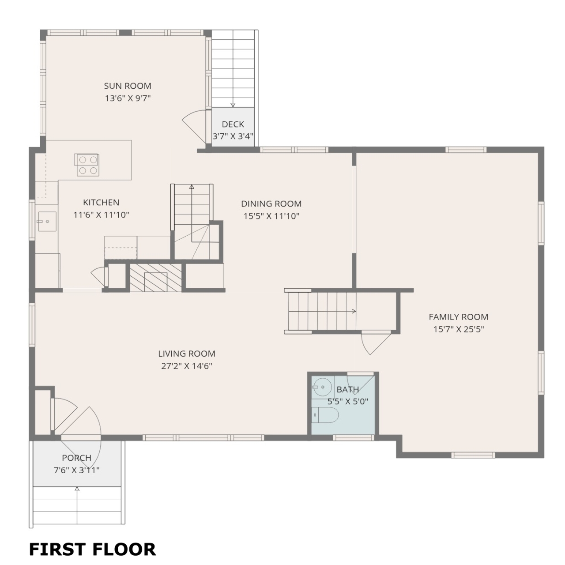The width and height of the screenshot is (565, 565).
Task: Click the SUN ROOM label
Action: point(128,86)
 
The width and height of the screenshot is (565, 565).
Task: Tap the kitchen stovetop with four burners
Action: point(87,165)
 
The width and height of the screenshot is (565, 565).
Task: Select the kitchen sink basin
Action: point(47,222)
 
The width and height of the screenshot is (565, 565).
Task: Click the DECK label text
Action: point(233,124)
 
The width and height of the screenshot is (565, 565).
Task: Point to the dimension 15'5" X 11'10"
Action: point(271,216)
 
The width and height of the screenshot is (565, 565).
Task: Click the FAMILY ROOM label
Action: point(458,316)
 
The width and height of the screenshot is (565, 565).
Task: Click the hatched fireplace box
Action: point(156,277)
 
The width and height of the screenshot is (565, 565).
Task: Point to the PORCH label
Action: point(76,458)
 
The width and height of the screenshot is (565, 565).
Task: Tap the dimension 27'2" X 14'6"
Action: point(186,366)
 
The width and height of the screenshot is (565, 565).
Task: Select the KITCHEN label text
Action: point(101,202)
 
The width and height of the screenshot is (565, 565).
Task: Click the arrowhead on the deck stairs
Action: point(233,105)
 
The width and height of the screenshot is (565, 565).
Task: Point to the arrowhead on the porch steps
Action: point(77,489)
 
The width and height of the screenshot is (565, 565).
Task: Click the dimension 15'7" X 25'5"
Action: point(458,329)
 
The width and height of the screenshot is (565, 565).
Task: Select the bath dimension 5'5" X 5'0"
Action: point(347,401)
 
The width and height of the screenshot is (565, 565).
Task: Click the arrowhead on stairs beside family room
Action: point(354,311)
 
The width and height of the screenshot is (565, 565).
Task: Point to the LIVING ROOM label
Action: point(186,354)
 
